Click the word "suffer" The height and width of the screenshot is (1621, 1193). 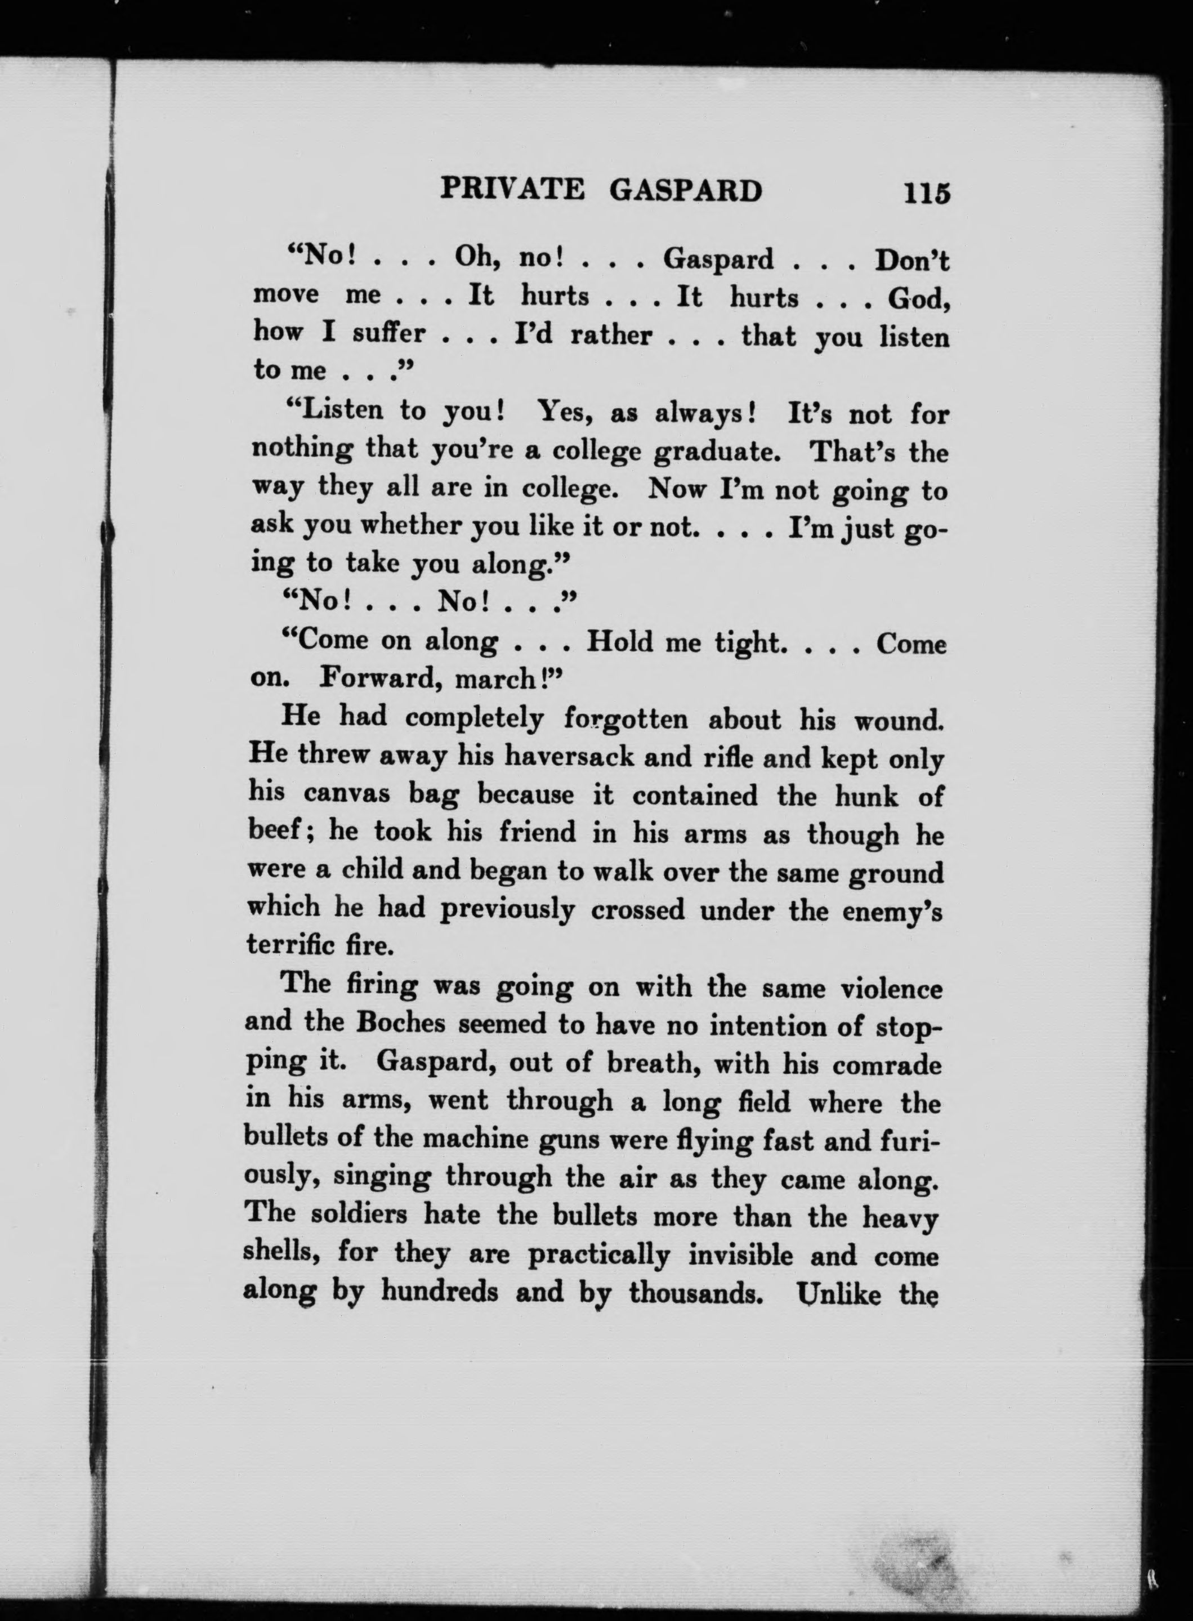click(x=388, y=333)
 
